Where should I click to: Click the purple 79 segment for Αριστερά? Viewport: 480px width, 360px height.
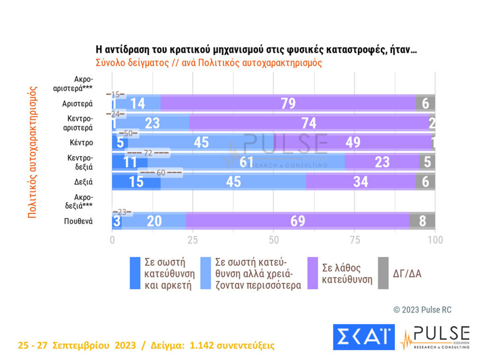tap(288, 104)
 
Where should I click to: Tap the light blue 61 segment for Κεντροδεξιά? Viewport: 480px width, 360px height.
tap(246, 162)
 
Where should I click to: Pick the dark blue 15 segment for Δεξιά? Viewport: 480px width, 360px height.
tap(136, 182)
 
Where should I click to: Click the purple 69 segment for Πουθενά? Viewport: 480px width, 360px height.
tap(297, 221)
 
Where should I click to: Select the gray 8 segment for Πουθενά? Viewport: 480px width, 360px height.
tap(423, 221)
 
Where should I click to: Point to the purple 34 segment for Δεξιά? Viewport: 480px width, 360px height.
tap(361, 182)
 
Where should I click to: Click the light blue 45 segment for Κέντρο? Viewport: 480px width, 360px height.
tap(202, 143)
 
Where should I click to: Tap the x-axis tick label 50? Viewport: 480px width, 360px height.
tap(274, 241)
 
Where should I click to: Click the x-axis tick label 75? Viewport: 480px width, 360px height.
tap(355, 241)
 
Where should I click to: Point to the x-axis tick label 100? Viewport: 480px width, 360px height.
tap(435, 241)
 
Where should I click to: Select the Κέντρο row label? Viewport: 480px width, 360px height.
tap(81, 143)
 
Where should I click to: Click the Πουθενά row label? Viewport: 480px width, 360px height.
tap(78, 221)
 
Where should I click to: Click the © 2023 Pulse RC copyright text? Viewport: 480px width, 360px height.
tap(422, 310)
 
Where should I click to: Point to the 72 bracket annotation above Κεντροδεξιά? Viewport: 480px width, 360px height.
tap(148, 153)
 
